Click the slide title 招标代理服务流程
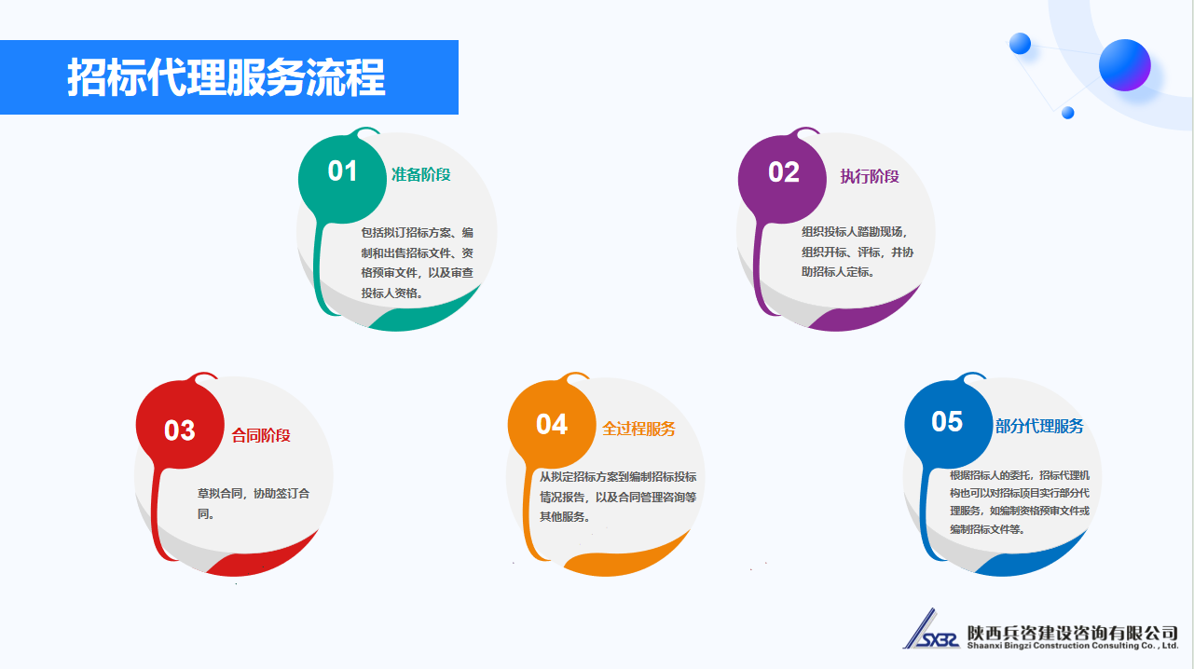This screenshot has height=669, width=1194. pyautogui.click(x=226, y=77)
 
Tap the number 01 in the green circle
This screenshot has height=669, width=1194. pyautogui.click(x=342, y=171)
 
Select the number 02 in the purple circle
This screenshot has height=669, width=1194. pyautogui.click(x=784, y=172)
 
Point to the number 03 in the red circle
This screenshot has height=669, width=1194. pyautogui.click(x=180, y=430)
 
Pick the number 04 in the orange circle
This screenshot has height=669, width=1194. pyautogui.click(x=552, y=425)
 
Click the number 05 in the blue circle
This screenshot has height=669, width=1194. pyautogui.click(x=947, y=421)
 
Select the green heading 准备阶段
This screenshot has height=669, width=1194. pyautogui.click(x=421, y=174)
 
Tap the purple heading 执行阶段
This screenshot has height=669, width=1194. pyautogui.click(x=870, y=176)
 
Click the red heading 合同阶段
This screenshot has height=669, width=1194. pyautogui.click(x=261, y=435)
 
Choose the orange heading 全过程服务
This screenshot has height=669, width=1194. pyautogui.click(x=639, y=429)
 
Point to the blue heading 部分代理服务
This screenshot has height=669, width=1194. pyautogui.click(x=1039, y=426)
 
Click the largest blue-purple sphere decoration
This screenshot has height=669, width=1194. pyautogui.click(x=1125, y=65)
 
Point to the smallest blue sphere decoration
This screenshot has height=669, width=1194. pyautogui.click(x=1067, y=113)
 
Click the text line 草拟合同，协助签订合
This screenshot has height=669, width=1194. pyautogui.click(x=254, y=493)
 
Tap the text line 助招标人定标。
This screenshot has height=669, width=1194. pyautogui.click(x=839, y=272)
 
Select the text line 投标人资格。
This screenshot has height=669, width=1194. pyautogui.click(x=392, y=293)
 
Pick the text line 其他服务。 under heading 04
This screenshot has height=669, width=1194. pyautogui.click(x=565, y=517)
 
